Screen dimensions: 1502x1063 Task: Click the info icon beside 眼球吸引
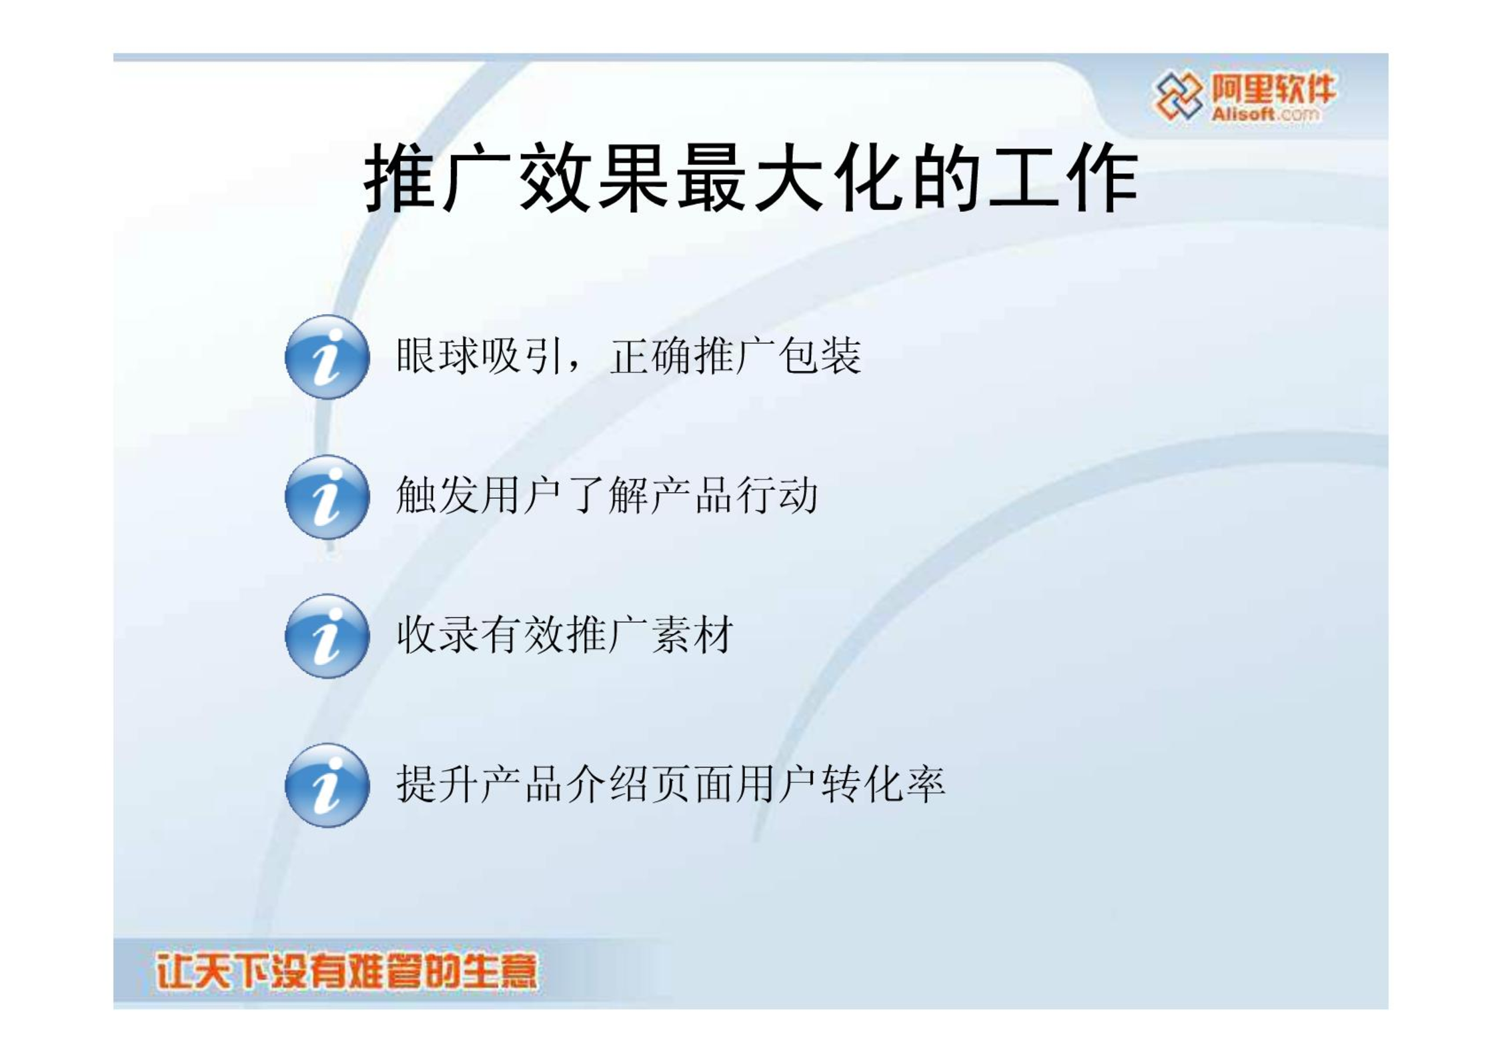(327, 357)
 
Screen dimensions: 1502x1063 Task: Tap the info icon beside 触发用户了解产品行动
(327, 497)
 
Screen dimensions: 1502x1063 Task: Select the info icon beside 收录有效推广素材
(327, 637)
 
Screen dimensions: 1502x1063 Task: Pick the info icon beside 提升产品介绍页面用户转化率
(327, 786)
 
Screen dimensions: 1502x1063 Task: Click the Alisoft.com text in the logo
(1265, 114)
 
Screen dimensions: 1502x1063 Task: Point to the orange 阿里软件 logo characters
(1274, 88)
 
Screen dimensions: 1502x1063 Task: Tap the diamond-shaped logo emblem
(1179, 96)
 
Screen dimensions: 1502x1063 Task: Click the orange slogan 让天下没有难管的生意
(346, 972)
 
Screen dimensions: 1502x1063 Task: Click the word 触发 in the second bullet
(438, 495)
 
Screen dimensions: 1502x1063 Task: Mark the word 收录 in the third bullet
(438, 635)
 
